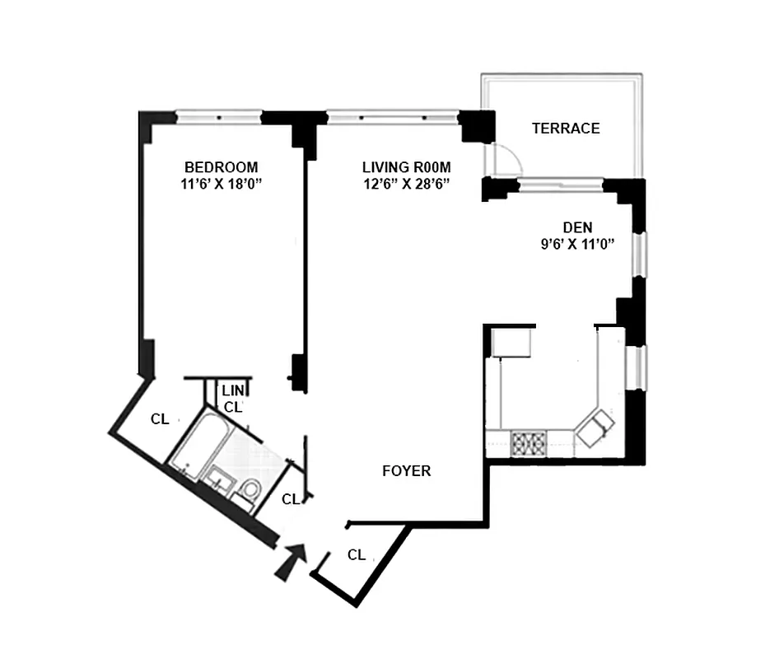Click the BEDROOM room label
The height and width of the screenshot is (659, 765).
[x=221, y=166]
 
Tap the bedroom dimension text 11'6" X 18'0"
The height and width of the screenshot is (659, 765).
[x=221, y=184]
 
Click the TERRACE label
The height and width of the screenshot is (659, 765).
[x=565, y=129]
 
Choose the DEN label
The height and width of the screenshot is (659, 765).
[x=577, y=227]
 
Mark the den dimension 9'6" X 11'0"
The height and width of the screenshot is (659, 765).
[x=577, y=244]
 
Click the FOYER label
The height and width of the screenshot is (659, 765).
[x=407, y=471]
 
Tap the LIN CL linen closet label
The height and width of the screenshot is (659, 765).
[x=233, y=398]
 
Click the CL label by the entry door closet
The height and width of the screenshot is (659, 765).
[x=356, y=554]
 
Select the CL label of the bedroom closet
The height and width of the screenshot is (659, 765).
[x=160, y=419]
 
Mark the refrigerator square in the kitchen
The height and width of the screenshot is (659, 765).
[x=511, y=342]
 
